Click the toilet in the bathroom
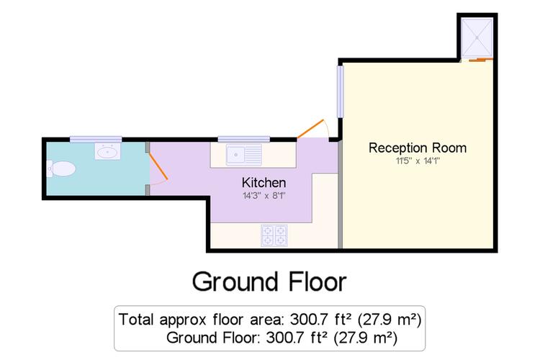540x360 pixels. click(x=61, y=168)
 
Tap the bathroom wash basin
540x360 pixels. click(x=107, y=152)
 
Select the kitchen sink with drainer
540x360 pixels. click(x=244, y=155)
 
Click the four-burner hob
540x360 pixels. click(x=274, y=235)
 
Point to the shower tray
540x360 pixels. click(x=477, y=37)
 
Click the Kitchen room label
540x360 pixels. click(x=264, y=183)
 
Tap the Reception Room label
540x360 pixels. click(x=418, y=148)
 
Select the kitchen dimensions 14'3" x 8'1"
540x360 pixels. click(x=264, y=196)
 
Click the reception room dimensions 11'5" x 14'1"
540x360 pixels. click(x=418, y=161)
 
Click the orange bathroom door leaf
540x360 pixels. click(x=158, y=167)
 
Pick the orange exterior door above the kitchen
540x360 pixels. click(x=310, y=128)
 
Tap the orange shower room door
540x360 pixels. click(x=481, y=60)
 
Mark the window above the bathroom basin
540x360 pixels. click(x=96, y=140)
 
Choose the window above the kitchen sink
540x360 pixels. click(x=244, y=139)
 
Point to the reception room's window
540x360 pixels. click(x=341, y=91)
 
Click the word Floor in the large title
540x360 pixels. click(x=318, y=282)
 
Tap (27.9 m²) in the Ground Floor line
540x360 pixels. click(x=366, y=338)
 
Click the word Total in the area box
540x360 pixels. click(x=136, y=320)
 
